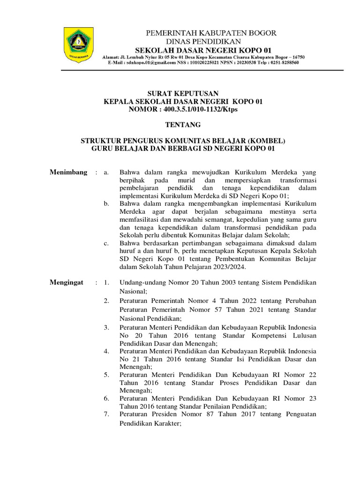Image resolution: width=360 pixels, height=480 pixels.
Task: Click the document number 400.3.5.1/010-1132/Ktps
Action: point(200,109)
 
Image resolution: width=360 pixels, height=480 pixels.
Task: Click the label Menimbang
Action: point(68,172)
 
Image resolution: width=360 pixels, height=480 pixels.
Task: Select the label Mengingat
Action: point(67,283)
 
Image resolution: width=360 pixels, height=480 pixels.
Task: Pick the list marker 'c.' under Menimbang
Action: point(107,243)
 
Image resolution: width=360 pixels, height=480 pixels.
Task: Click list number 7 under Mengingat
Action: point(106,414)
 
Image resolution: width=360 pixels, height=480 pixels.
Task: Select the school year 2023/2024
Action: point(230,267)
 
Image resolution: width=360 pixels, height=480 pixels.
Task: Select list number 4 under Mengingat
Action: point(106,351)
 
